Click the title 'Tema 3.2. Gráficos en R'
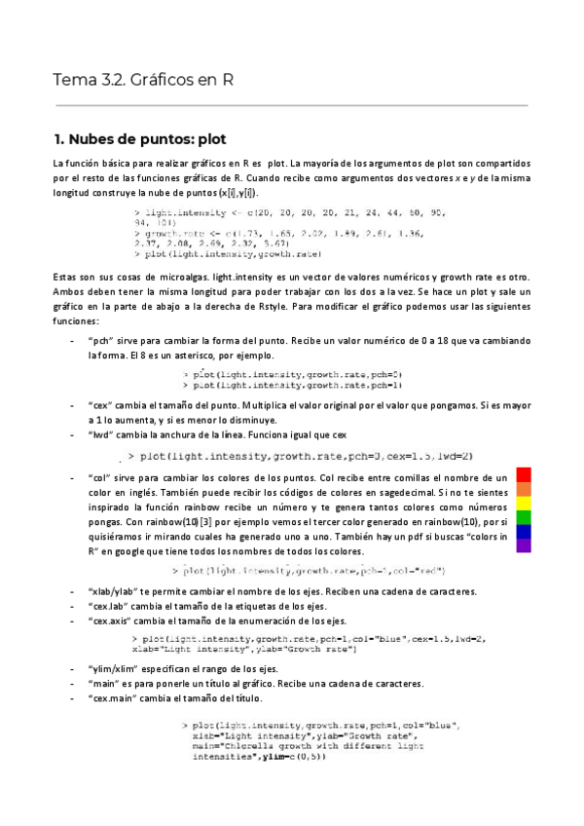pos(142,80)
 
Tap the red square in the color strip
pos(524,474)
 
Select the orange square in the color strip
pos(524,489)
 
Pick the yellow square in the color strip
pos(524,503)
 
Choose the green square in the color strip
pos(524,517)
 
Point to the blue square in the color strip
pos(524,532)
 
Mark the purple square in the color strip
pos(524,545)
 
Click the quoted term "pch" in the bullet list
pos(101,342)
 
